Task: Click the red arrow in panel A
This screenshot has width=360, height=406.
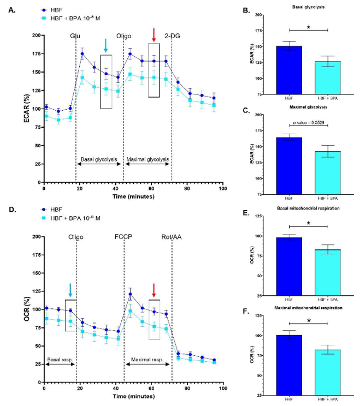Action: [154, 35]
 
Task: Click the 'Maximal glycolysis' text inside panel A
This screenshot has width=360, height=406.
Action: [147, 159]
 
